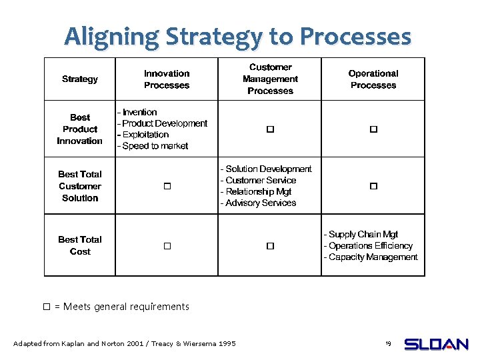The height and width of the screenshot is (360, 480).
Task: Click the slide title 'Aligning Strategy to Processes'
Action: [238, 36]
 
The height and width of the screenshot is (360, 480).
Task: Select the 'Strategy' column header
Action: [80, 79]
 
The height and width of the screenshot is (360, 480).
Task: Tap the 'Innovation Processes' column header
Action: [167, 79]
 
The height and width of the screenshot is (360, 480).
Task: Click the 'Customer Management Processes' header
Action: [270, 79]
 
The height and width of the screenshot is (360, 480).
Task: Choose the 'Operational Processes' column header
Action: [373, 79]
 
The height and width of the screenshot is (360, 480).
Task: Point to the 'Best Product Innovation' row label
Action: [80, 129]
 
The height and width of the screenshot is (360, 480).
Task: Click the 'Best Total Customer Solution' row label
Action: [80, 186]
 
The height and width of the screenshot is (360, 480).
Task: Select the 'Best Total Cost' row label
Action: [80, 245]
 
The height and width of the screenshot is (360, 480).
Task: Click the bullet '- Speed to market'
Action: [153, 146]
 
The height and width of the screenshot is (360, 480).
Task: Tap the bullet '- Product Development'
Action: [162, 123]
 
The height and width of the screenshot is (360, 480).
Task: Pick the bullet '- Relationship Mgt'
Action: [256, 191]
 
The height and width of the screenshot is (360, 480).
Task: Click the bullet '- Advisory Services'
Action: [258, 203]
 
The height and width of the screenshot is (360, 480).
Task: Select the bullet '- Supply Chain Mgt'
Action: [361, 234]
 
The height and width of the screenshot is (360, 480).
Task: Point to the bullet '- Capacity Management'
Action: [371, 257]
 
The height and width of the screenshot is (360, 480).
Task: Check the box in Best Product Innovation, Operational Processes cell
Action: [373, 129]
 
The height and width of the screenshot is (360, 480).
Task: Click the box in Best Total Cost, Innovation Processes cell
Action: [167, 246]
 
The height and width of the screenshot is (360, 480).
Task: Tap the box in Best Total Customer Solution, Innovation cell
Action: [167, 187]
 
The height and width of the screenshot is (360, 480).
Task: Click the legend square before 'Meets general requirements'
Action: [47, 307]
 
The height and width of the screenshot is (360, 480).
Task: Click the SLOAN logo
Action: [436, 344]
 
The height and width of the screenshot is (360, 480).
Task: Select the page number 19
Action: [387, 343]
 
